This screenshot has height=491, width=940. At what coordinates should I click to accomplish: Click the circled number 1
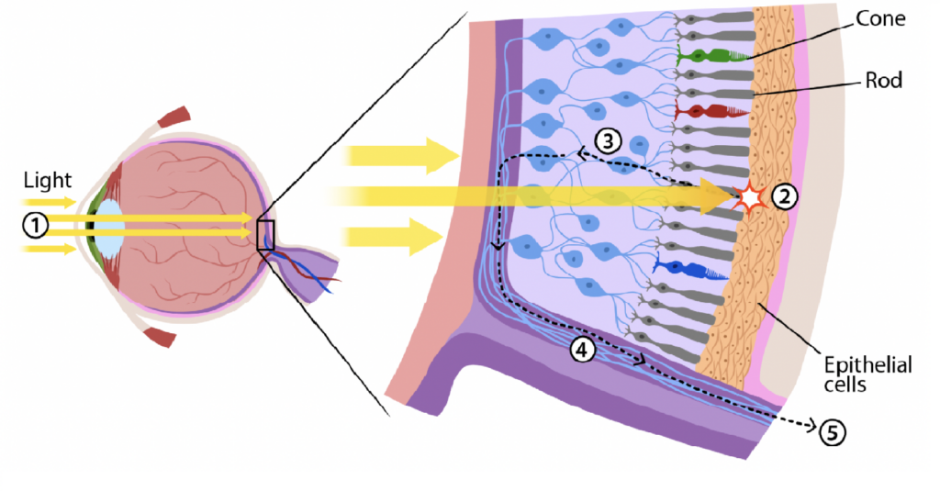coord(36,225)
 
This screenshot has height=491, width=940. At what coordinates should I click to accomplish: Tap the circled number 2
coord(784,196)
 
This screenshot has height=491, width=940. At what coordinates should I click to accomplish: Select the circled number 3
coord(608,141)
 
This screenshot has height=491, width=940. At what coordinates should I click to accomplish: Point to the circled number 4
coord(582,350)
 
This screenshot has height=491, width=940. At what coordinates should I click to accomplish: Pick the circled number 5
coord(832,431)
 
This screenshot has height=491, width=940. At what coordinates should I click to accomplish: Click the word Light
coord(48,180)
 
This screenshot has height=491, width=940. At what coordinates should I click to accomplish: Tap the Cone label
coord(880,18)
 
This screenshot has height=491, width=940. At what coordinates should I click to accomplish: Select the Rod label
coord(884,81)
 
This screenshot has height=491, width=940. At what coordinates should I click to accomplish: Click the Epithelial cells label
coord(867,374)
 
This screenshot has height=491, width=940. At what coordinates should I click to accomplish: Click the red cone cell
coord(711,112)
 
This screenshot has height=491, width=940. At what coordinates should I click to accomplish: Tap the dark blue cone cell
coord(690,269)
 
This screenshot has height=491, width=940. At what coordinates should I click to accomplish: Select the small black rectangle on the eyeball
coord(265,235)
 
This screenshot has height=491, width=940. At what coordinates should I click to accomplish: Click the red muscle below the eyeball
coord(160,337)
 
